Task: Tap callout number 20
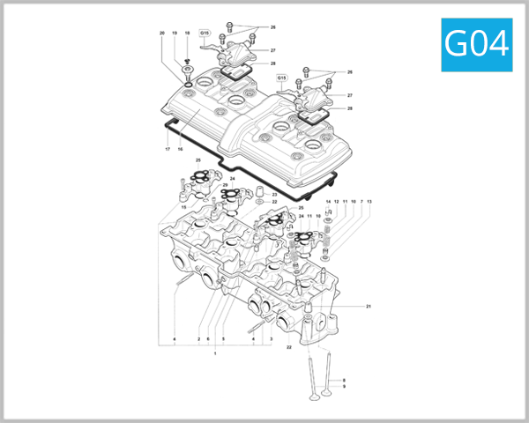point(162,33)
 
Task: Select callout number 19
point(175,33)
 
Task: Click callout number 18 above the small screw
point(187,33)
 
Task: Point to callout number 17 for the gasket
point(167,149)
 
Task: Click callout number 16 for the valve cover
point(180,149)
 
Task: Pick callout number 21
point(369,306)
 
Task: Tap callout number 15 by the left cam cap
point(184,207)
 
